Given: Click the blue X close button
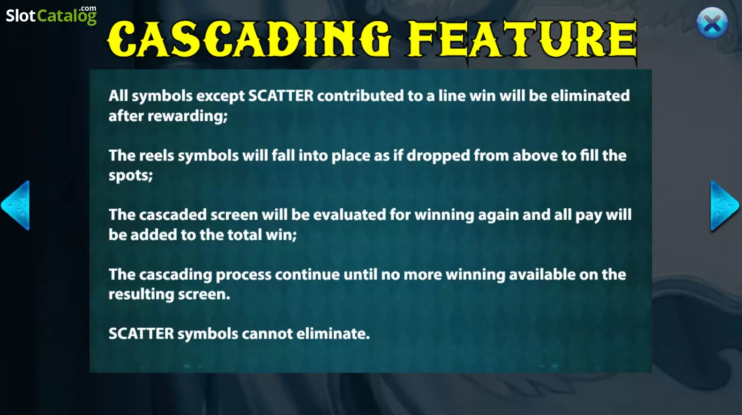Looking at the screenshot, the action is [x=712, y=22].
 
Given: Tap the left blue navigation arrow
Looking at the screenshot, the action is [x=15, y=205].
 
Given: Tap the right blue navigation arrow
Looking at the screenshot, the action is [x=725, y=206].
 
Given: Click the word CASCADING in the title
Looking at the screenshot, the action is [x=249, y=39].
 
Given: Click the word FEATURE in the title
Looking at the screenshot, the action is [x=522, y=39].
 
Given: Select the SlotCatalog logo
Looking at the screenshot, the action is [x=52, y=15].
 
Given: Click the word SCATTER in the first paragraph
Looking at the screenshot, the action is [x=281, y=96].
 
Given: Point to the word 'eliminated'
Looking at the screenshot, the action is [x=590, y=96].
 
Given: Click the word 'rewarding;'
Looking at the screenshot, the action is [x=187, y=116].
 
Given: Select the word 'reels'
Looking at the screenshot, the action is [x=157, y=156].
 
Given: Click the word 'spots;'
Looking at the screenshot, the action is [x=130, y=175].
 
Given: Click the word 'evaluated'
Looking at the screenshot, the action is [x=350, y=215].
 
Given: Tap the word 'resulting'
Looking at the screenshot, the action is [x=142, y=295].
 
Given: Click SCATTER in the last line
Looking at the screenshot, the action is [x=141, y=333].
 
